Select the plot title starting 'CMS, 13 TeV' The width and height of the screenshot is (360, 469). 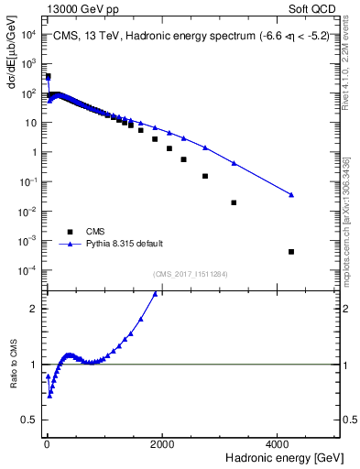tap(192, 39)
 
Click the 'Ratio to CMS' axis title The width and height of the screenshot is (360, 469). tap(13, 388)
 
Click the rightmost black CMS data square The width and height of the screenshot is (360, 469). tap(291, 252)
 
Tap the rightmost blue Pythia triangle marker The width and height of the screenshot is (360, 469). tap(291, 194)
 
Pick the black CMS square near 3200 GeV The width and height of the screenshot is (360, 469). tap(234, 202)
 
